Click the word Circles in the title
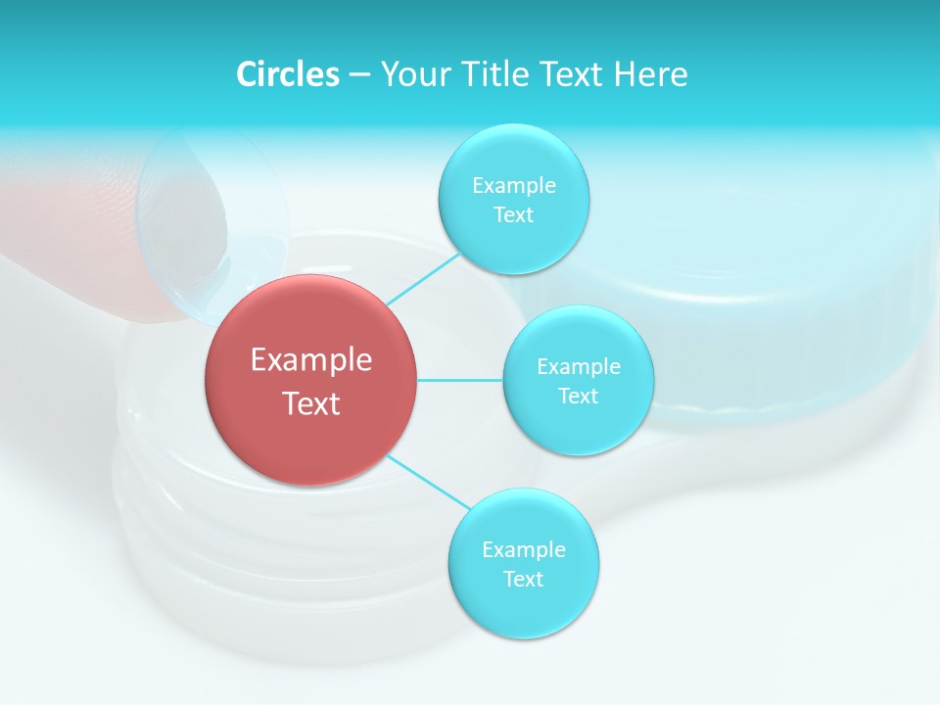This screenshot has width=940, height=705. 288,74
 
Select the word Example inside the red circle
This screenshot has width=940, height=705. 311,359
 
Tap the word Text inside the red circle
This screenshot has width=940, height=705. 311,403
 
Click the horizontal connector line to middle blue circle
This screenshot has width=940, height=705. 460,380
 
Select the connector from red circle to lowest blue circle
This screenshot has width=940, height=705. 428,482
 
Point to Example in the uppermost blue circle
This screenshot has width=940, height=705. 513,185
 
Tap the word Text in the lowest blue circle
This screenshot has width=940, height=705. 523,579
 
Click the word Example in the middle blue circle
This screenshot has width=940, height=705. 578,366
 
